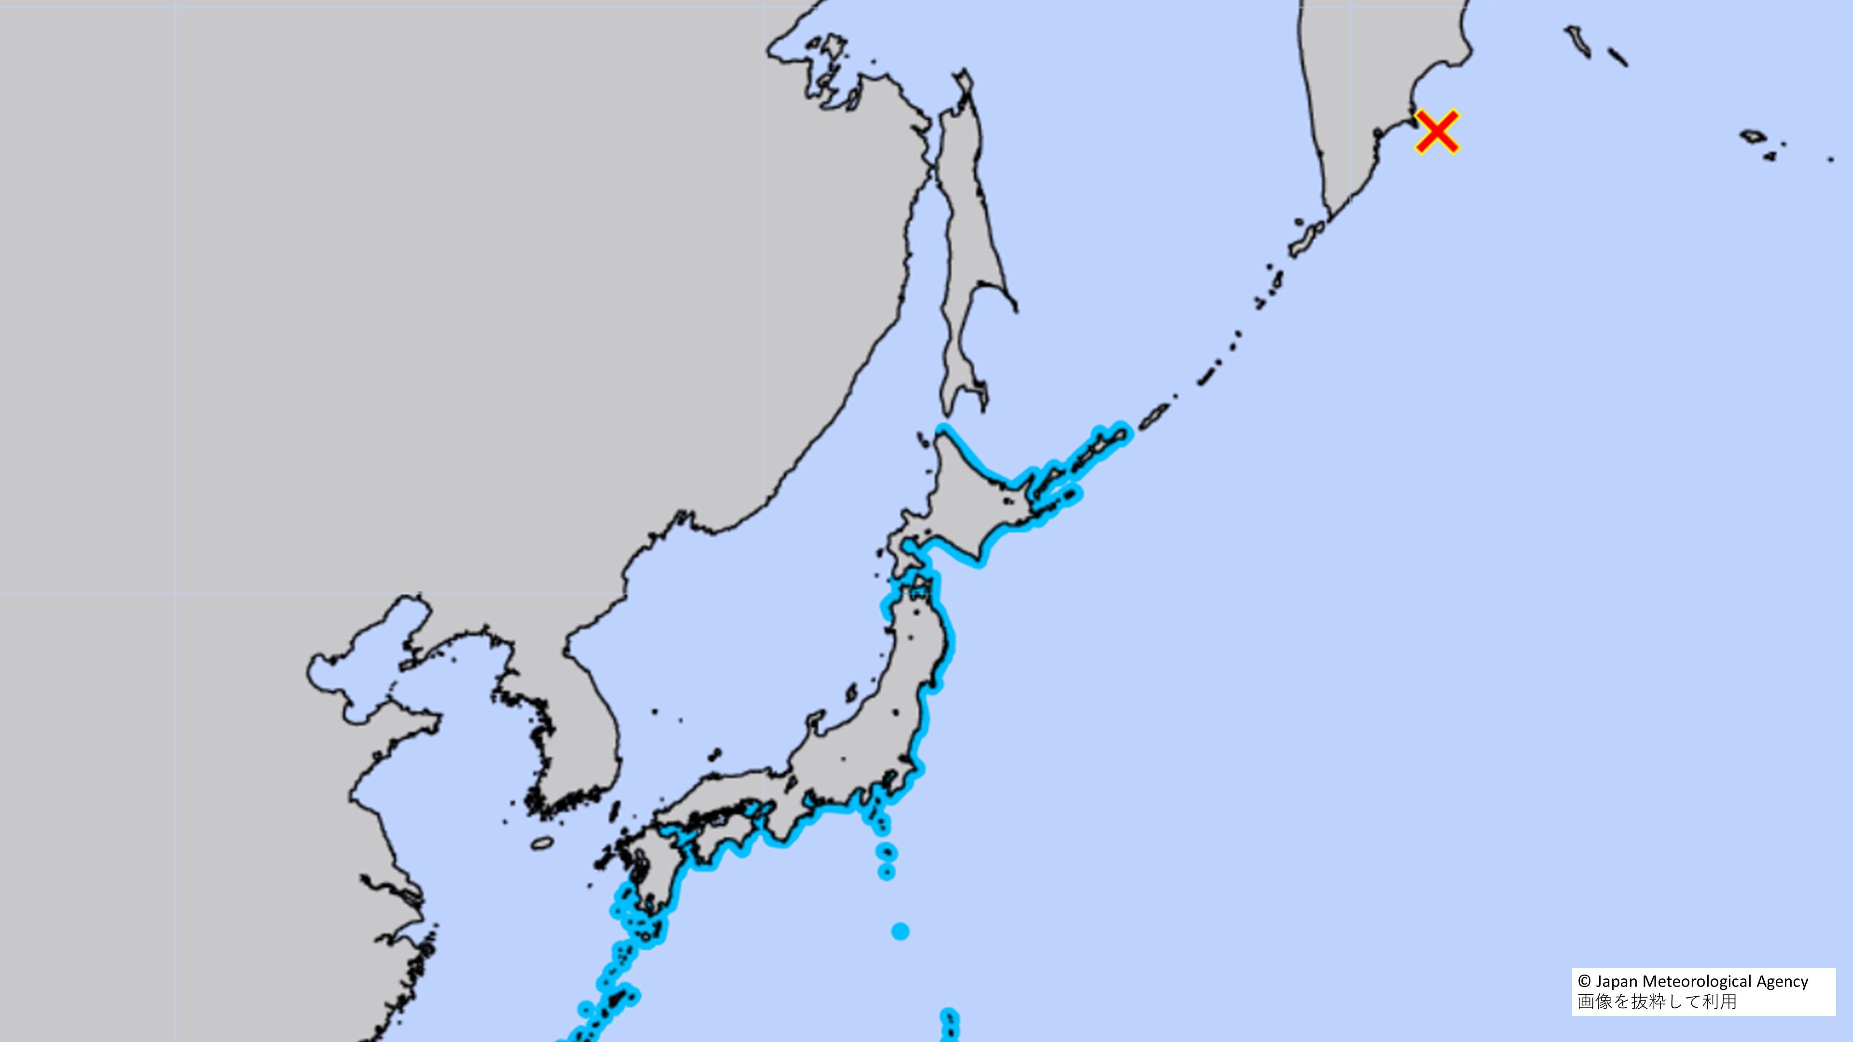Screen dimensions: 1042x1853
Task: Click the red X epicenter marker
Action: [x=1437, y=132]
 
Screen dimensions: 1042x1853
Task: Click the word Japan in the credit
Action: [x=1617, y=982]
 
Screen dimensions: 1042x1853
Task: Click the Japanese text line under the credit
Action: [x=1657, y=1002]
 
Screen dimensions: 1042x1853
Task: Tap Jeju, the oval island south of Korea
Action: [x=542, y=844]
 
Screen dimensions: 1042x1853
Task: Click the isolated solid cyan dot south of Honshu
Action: [x=900, y=931]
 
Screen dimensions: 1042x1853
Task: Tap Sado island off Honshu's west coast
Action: [x=851, y=693]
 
